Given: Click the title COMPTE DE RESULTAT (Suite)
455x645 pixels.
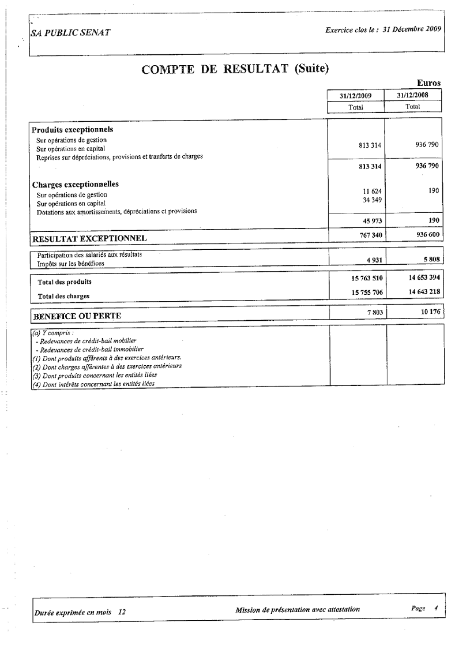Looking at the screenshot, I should (235, 69).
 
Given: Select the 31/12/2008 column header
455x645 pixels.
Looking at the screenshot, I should (413, 96).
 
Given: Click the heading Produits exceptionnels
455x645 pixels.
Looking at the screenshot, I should (72, 129).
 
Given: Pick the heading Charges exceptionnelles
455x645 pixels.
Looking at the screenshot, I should (75, 185).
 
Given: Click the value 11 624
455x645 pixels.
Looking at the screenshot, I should (373, 191).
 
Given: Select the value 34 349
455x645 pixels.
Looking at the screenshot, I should (373, 200).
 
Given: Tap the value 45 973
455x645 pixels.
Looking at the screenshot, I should (372, 220).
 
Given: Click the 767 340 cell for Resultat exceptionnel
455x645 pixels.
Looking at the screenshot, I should (370, 234).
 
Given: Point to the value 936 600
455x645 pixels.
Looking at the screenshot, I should (428, 234).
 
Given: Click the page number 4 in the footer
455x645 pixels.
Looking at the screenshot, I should (437, 608).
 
